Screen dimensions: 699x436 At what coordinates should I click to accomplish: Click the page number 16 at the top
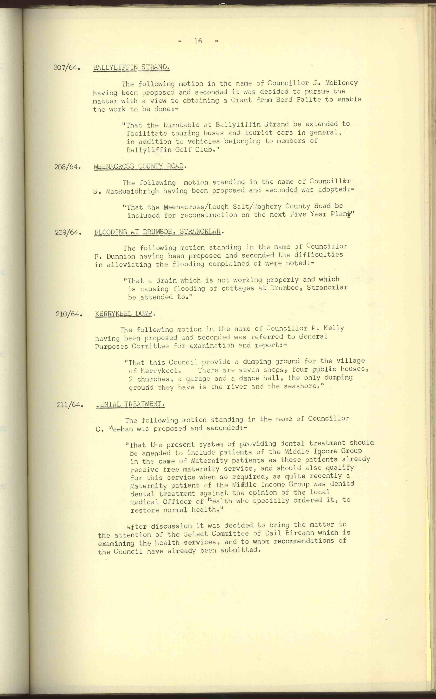pyautogui.click(x=198, y=41)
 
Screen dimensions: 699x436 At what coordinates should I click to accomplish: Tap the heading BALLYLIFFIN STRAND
pyautogui.click(x=131, y=67)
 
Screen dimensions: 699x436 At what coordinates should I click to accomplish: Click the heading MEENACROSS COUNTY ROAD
pyautogui.click(x=139, y=166)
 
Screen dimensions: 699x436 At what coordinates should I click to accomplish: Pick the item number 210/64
pyautogui.click(x=69, y=314)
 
